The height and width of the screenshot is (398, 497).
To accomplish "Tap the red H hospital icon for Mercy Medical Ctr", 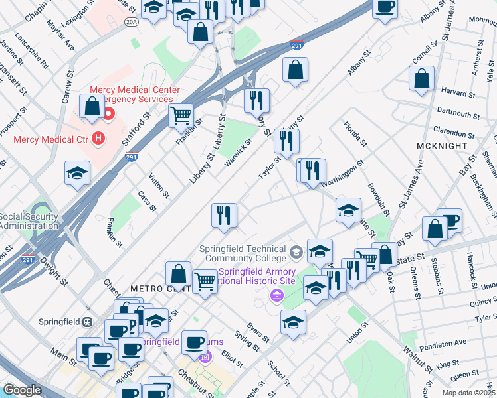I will [x=98, y=139].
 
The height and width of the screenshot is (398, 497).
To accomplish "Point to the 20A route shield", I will [x=132, y=22].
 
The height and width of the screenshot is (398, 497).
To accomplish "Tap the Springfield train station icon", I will [x=87, y=322].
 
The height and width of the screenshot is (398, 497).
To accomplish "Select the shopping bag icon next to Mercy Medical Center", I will [x=91, y=105].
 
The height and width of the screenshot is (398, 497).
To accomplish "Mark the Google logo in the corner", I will [x=21, y=391].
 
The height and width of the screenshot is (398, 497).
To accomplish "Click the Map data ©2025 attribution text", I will [x=468, y=393].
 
